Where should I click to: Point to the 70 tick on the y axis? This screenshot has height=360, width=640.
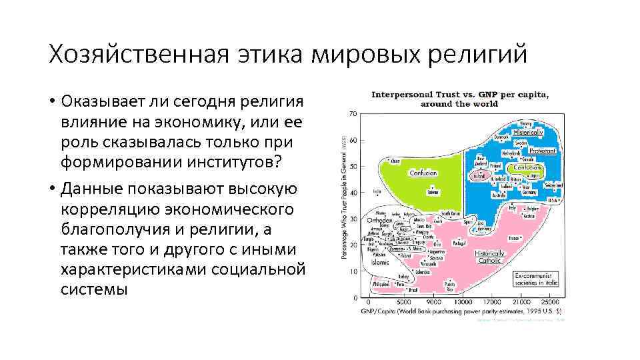pyautogui.click(x=352, y=114)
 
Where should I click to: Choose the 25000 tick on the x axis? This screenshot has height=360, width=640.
pyautogui.click(x=547, y=301)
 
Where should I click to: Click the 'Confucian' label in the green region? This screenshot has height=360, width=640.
pyautogui.click(x=423, y=173)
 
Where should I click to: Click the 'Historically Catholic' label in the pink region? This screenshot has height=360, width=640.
pyautogui.click(x=491, y=257)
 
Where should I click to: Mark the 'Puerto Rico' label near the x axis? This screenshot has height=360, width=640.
pyautogui.click(x=450, y=287)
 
